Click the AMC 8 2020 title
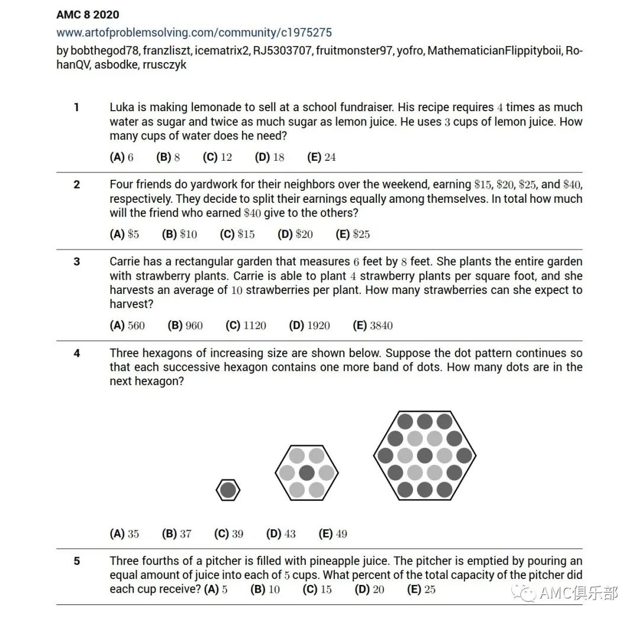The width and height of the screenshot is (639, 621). point(88,15)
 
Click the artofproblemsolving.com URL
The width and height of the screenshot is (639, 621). point(194,32)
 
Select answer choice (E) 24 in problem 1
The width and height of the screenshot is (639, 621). point(321,157)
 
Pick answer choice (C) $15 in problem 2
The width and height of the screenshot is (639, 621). point(237,234)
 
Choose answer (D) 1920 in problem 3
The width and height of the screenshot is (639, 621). point(309,325)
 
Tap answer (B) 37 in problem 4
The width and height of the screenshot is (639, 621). point(176,533)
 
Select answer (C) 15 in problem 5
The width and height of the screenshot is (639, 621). point(317,589)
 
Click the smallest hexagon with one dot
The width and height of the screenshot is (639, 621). point(228,490)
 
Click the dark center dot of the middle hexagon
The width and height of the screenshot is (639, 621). point(306,473)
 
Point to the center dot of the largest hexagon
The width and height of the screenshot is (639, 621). point(425,455)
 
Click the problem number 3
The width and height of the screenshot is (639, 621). point(76,261)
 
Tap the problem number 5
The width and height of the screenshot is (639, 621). point(76,561)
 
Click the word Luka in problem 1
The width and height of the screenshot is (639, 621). point(122,107)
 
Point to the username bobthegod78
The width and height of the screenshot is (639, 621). point(105,50)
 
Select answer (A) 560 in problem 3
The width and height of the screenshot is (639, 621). point(127,325)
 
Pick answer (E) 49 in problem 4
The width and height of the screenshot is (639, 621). point(333,533)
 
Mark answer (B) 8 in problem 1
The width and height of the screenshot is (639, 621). point(168,157)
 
